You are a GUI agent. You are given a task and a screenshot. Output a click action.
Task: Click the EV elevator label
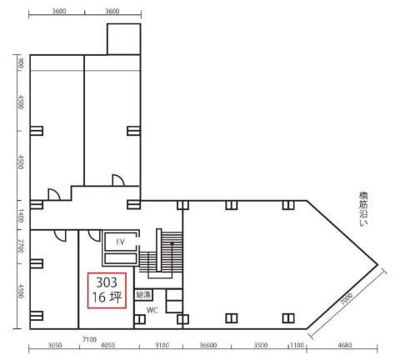pos(120,242)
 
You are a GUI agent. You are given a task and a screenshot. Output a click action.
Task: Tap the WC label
pos(152,310)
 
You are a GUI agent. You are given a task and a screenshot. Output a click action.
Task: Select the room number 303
pos(107,282)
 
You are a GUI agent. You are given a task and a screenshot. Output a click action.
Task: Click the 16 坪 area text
pos(107,297)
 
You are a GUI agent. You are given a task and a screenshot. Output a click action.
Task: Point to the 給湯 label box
pos(143,295)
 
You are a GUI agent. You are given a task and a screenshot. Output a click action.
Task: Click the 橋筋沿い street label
pos(363,208)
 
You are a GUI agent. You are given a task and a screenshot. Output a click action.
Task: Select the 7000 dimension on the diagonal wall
pos(347,299)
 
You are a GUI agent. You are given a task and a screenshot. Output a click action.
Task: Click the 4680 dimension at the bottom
pos(345,345)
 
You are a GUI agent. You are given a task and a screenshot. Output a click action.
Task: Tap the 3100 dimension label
pos(162,345)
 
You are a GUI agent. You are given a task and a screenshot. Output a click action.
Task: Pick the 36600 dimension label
pos(208,345)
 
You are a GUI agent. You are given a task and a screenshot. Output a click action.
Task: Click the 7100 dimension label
pos(89,340)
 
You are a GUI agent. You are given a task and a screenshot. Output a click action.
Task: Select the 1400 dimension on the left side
pos(21,216)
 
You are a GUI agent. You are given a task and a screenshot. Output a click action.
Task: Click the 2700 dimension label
pos(21,247)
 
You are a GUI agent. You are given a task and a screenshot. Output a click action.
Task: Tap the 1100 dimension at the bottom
pos(297,345)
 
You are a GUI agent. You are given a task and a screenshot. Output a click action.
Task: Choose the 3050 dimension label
pos(55,345)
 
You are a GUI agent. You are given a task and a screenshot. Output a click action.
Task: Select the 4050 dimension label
pos(107,345)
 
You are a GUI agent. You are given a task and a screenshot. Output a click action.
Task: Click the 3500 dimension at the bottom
pos(261,345)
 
